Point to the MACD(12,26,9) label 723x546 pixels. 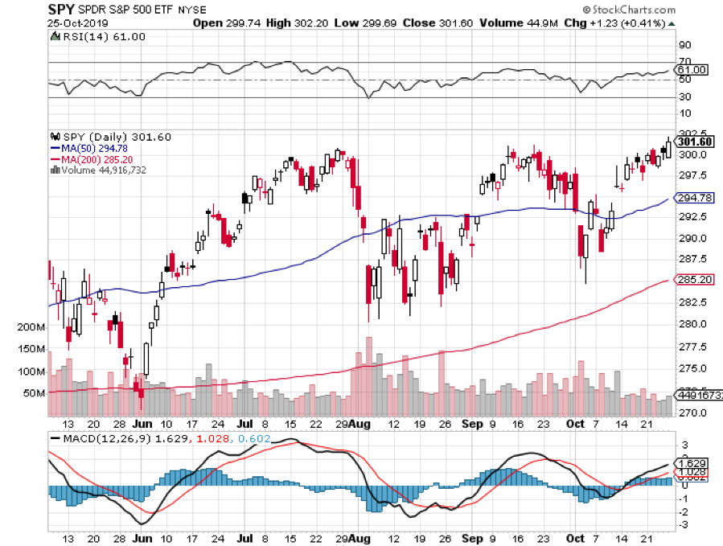pos(92,439)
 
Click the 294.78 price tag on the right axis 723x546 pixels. pos(693,198)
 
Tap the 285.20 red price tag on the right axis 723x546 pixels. pos(693,281)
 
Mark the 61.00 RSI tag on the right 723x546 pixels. pos(692,70)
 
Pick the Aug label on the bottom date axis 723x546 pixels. pos(359,423)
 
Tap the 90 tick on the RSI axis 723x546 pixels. pos(685,45)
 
